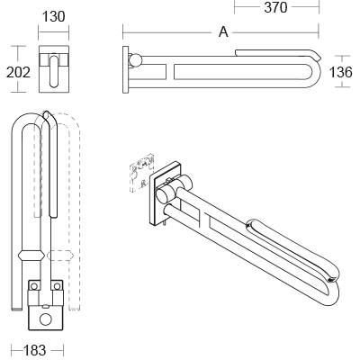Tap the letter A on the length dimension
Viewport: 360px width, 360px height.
pyautogui.click(x=222, y=32)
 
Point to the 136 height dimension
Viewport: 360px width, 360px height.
pyautogui.click(x=344, y=71)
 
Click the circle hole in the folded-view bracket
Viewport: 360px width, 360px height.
pyautogui.click(x=45, y=317)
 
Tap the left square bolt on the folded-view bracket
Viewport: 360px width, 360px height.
pyautogui.click(x=34, y=286)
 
